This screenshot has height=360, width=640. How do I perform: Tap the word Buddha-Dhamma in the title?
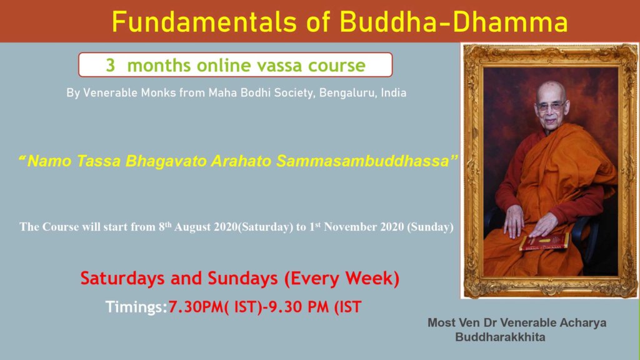(454, 22)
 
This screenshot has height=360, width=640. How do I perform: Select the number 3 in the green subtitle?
(110, 65)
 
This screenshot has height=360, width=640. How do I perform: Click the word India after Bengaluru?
(394, 92)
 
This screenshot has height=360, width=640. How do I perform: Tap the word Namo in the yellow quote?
(49, 161)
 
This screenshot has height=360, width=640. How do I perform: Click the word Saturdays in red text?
(122, 278)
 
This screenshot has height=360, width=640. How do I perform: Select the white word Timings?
(136, 307)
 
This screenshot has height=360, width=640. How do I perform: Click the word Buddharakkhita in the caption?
(500, 337)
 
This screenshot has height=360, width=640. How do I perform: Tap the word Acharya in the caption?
(583, 322)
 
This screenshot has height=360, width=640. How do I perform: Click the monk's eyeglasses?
(551, 106)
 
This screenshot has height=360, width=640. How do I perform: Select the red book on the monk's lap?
(544, 242)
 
